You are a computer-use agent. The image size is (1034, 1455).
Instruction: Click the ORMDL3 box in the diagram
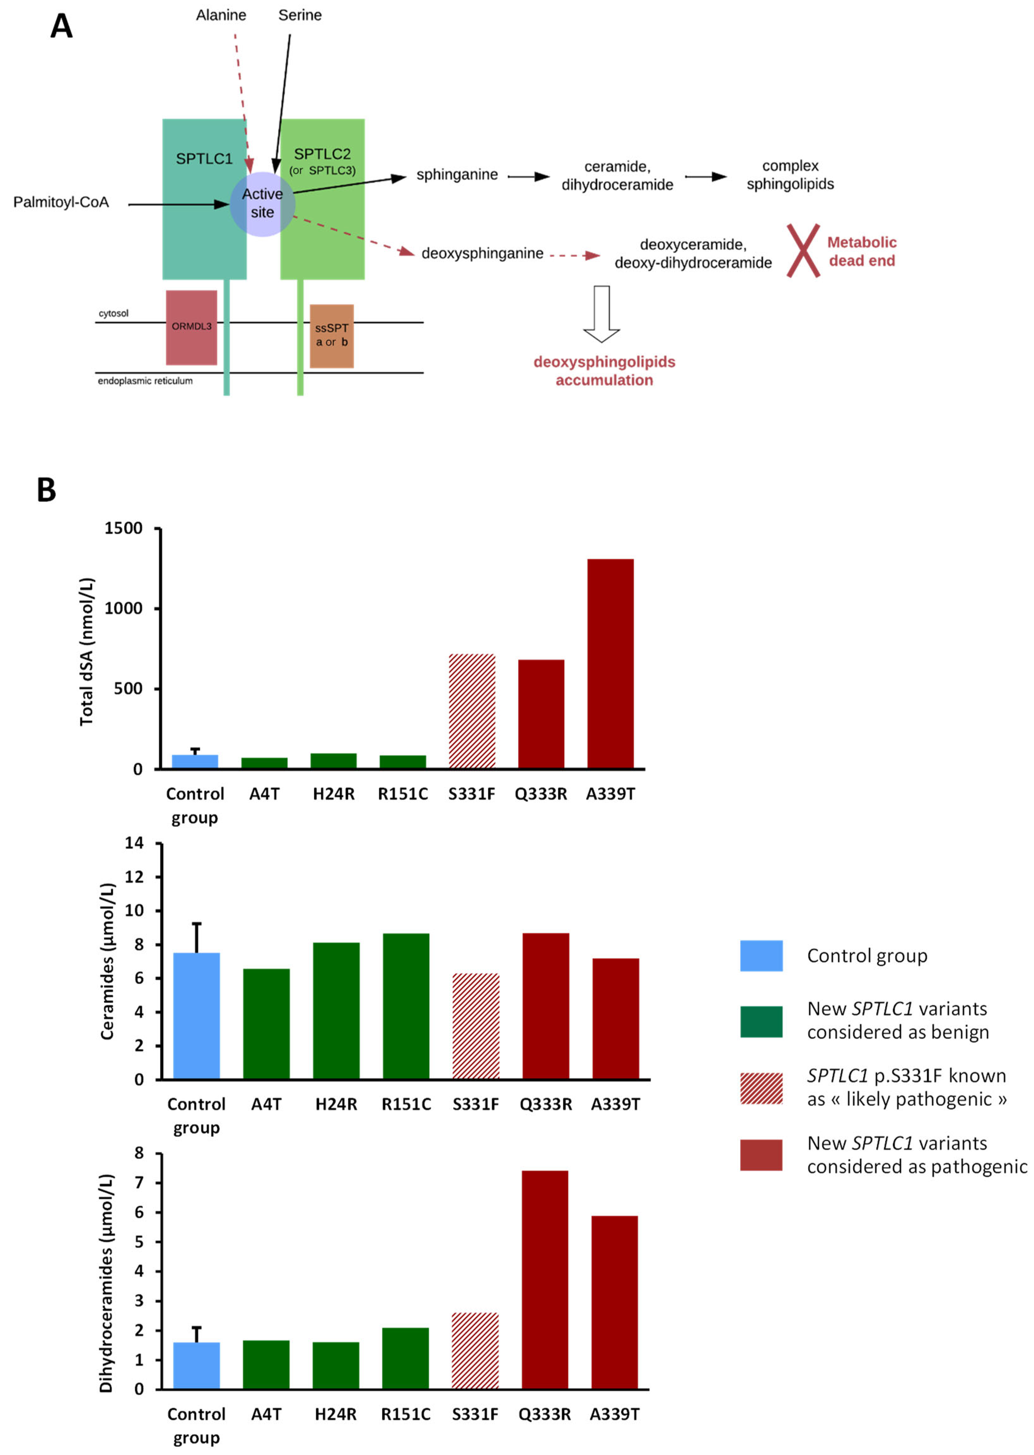(191, 327)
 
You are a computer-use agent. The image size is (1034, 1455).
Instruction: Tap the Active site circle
(262, 204)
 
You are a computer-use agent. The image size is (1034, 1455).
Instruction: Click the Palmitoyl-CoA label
(61, 202)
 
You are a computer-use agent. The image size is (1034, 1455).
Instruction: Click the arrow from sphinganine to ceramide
(528, 176)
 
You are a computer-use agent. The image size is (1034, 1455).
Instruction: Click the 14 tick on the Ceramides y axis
(134, 843)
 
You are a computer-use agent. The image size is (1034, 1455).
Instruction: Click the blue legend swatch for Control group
(761, 956)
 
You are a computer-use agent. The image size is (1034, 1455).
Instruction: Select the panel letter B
(46, 490)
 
